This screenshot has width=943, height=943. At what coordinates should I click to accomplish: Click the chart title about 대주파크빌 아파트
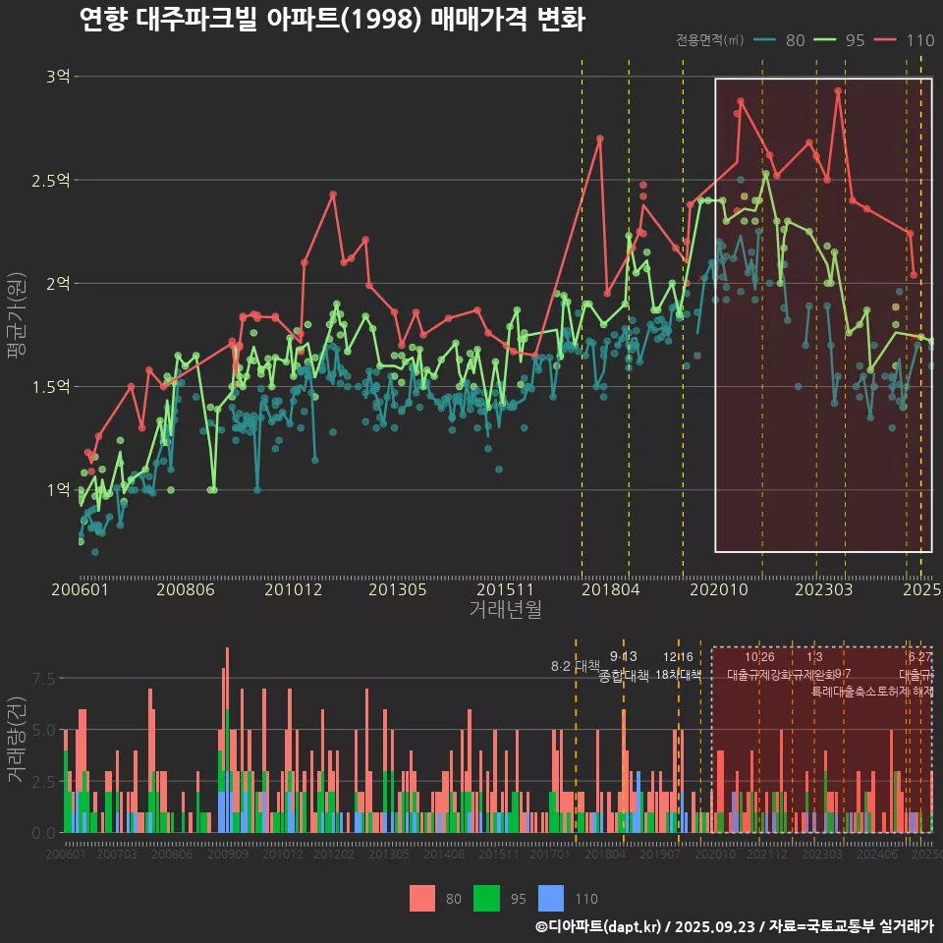[332, 19]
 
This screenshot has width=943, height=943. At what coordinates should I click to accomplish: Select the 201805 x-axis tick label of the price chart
[611, 589]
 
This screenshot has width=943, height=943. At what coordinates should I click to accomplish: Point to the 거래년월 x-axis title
[505, 610]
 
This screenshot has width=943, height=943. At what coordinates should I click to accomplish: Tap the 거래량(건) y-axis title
[17, 740]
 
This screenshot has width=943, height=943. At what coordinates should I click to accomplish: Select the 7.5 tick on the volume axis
[45, 678]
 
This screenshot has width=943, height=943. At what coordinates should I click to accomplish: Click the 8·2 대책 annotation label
[575, 667]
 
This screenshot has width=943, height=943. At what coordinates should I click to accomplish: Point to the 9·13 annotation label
[623, 656]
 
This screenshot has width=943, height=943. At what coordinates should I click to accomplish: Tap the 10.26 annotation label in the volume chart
[759, 656]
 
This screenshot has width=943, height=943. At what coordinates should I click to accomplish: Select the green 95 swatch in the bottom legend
[486, 898]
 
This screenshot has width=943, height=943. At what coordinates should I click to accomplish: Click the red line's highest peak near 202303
[838, 90]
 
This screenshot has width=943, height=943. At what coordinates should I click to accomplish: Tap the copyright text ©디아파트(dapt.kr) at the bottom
[599, 926]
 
